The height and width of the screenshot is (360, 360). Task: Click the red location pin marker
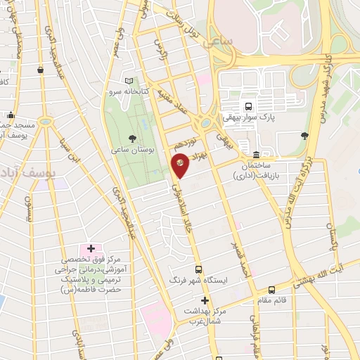pos(181,165)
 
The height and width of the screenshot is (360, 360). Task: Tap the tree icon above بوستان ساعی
pos(134,138)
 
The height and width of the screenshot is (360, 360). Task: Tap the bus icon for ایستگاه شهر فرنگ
pos(199,269)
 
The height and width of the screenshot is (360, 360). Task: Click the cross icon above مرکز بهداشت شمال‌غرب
pos(204,300)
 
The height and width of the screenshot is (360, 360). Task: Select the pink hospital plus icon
pos(91,249)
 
